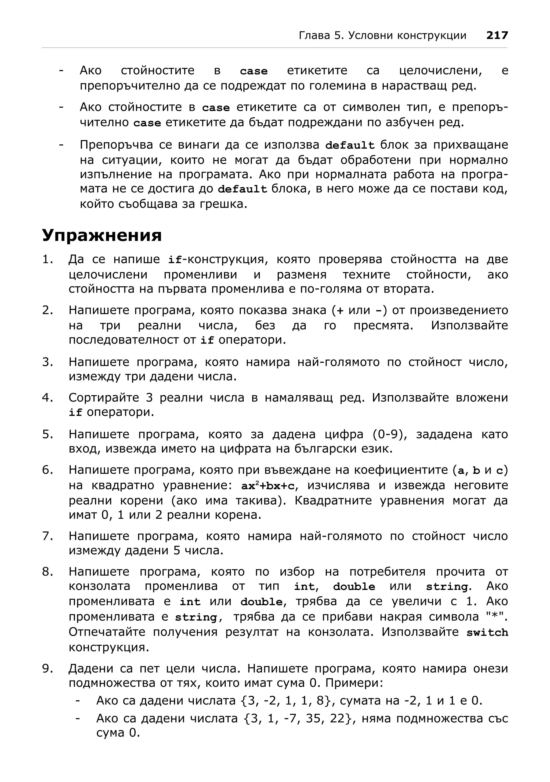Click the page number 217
497,35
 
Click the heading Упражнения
102,235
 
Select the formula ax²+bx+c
268,486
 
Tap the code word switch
487,633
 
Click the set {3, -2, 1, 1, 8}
285,701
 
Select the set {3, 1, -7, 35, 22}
298,718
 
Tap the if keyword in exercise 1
175,260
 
